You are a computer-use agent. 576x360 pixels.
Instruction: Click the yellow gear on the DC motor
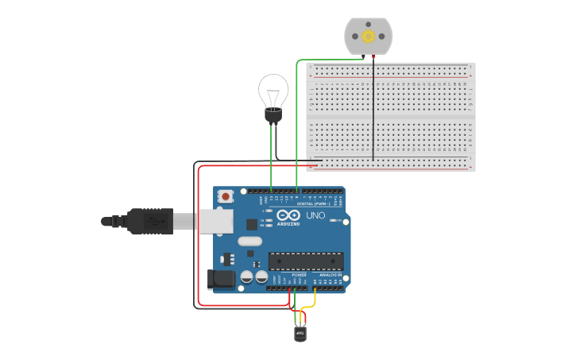368,36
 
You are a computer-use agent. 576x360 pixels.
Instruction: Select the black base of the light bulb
273,117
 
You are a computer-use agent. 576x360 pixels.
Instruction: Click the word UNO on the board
315,215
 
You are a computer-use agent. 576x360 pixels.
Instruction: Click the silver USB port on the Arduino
215,220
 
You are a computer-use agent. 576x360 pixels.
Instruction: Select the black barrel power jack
220,279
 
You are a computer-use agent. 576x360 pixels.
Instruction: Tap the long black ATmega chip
306,261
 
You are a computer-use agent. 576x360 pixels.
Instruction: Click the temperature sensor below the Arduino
300,334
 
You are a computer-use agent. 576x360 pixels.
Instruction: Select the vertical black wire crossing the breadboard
373,111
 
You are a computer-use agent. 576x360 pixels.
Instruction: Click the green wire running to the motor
297,119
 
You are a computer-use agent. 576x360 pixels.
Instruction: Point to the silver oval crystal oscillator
249,242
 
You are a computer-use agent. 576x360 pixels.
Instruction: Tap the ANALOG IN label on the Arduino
330,274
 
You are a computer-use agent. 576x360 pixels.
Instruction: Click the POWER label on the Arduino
288,274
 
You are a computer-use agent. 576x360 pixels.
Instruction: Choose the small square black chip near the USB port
251,225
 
